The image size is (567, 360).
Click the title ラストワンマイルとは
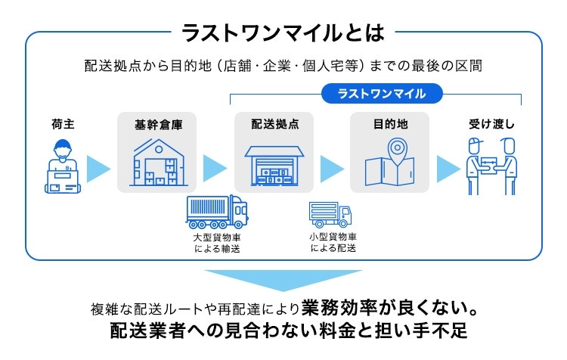coord(283,32)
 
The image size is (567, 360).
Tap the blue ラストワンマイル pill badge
coord(382,94)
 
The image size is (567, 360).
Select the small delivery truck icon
coord(330,214)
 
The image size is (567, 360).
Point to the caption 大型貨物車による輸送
coord(217,243)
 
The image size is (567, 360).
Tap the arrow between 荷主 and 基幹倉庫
coord(98,168)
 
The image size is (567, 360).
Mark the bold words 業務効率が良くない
coord(388,310)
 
